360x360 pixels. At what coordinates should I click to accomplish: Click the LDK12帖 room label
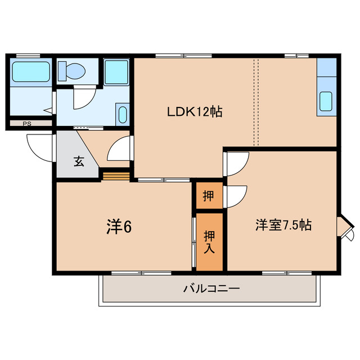click(195, 112)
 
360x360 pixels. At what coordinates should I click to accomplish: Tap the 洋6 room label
click(119, 226)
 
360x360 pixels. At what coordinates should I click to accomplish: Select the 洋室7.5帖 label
click(283, 225)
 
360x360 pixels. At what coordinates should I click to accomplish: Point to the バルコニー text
click(211, 289)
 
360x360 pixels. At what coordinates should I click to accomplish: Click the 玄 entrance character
click(78, 162)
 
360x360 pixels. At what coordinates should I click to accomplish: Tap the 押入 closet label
click(209, 241)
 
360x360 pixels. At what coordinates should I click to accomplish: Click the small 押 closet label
click(209, 196)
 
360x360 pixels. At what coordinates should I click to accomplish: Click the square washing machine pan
click(116, 73)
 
